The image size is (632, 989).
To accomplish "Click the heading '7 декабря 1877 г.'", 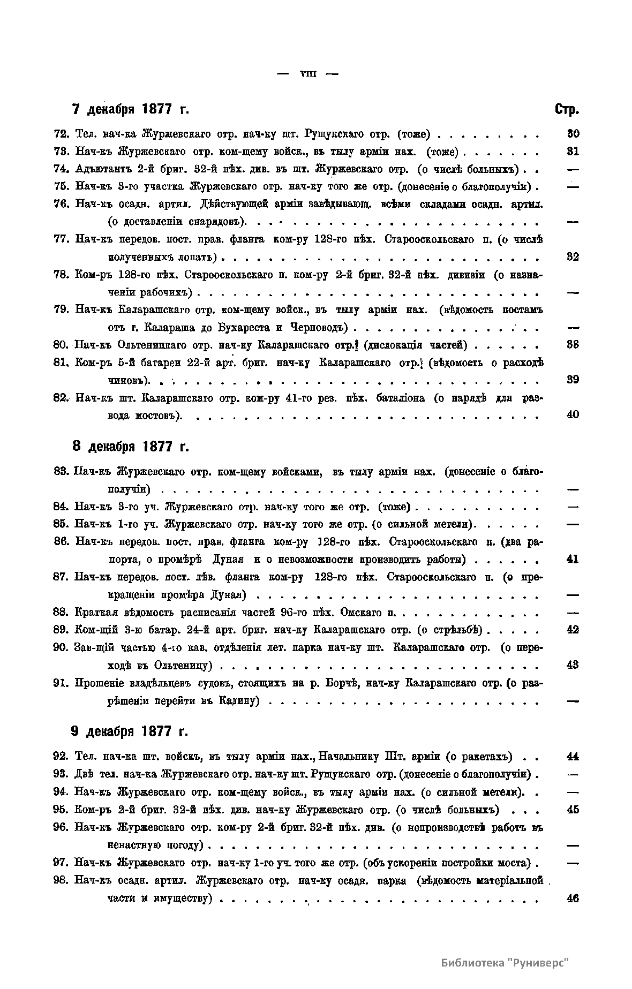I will [131, 110].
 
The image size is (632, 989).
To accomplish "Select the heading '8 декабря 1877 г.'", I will [131, 446].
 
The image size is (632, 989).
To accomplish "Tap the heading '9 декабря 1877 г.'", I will [130, 731].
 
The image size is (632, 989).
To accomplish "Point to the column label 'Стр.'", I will [567, 110].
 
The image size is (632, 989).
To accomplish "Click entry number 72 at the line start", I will [62, 134].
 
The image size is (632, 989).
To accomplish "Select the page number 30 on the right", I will [573, 134].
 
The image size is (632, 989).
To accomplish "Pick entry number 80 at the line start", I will [62, 345].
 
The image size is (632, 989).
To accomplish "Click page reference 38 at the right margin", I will [573, 345].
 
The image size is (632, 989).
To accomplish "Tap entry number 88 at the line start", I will [62, 612].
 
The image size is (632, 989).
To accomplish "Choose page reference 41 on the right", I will [573, 560].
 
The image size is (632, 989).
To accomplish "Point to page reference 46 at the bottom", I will [573, 899].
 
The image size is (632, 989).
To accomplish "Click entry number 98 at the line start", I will [62, 881].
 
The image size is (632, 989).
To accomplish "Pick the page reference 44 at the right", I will [573, 757].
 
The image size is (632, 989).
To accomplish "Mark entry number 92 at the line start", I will [62, 757].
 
